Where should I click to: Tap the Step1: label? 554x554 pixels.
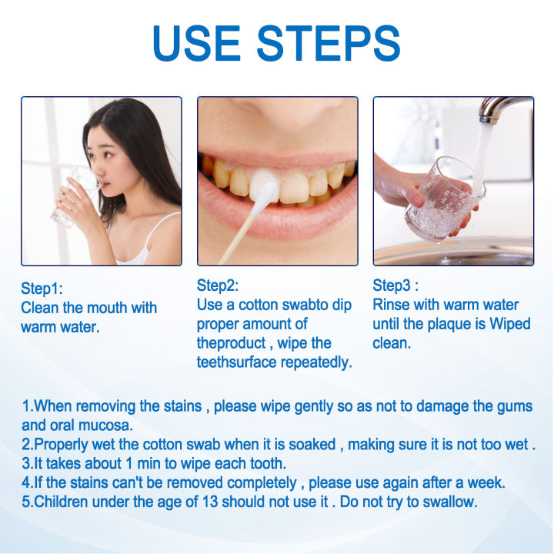point(42,289)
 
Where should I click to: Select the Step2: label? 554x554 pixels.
point(218,285)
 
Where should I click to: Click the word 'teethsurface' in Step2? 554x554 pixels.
point(239,362)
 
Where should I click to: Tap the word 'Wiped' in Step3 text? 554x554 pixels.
point(509,324)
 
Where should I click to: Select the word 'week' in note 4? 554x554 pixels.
point(487,482)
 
